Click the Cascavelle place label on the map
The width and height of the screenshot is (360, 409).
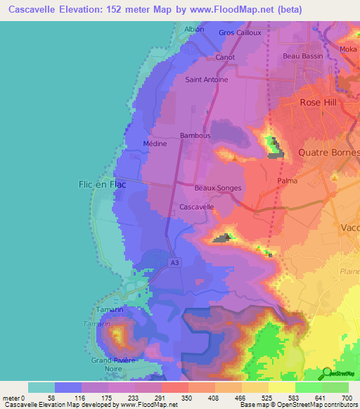pyautogui.click(x=197, y=207)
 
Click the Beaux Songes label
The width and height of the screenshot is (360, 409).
pyautogui.click(x=218, y=188)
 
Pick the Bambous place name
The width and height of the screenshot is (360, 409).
pyautogui.click(x=195, y=135)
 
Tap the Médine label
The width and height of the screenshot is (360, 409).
pyautogui.click(x=155, y=144)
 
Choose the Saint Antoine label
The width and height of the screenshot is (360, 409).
pyautogui.click(x=206, y=79)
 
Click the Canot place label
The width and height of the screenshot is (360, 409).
pyautogui.click(x=225, y=57)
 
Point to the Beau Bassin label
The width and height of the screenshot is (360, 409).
pyautogui.click(x=301, y=56)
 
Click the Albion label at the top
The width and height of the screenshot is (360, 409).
pyautogui.click(x=194, y=29)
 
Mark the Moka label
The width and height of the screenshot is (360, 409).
pyautogui.click(x=348, y=49)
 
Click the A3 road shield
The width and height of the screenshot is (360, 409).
pyautogui.click(x=175, y=263)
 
